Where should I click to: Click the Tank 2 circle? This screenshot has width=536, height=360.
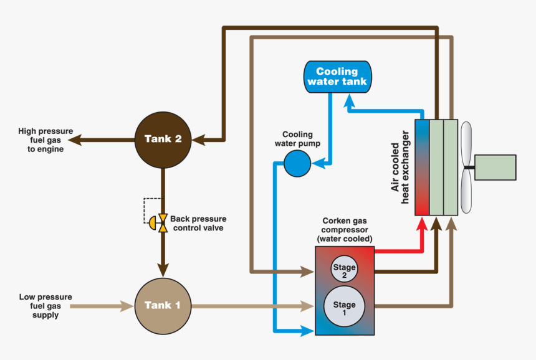[163, 139]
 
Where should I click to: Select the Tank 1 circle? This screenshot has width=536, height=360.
[163, 305]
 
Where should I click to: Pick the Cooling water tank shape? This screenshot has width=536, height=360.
[337, 77]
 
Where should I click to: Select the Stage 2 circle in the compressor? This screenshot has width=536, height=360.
[344, 270]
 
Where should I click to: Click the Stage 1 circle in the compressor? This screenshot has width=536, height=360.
[344, 305]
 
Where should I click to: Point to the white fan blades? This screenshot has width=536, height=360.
[467, 167]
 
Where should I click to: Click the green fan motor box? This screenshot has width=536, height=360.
[495, 167]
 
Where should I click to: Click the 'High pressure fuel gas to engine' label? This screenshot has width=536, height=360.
[45, 140]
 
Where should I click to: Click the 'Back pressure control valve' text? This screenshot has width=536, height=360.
[198, 224]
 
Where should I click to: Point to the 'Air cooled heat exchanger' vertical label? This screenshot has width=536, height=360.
[400, 168]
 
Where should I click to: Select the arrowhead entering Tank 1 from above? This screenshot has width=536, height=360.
[163, 270]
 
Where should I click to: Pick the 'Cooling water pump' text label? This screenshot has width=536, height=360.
[297, 139]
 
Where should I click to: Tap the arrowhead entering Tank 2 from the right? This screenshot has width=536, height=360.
[201, 139]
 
